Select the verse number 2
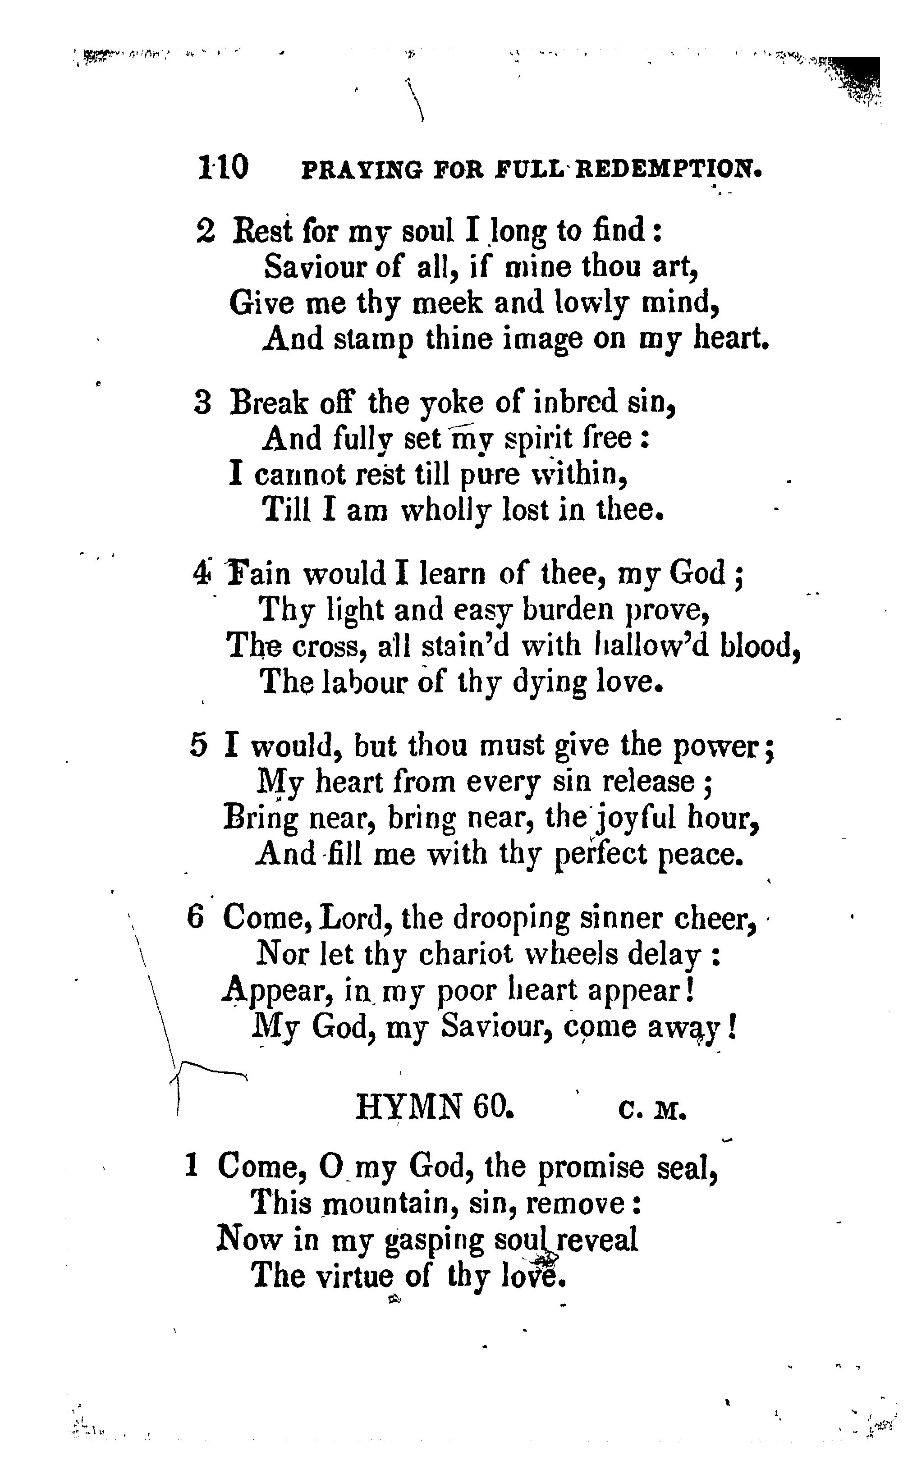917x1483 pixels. (206, 231)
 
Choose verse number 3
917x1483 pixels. (202, 403)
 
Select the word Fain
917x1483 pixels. (258, 573)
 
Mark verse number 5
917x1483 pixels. (198, 746)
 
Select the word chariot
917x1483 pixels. (466, 955)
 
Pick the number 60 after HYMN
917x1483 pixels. (494, 1107)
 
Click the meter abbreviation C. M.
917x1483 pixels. (652, 1109)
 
